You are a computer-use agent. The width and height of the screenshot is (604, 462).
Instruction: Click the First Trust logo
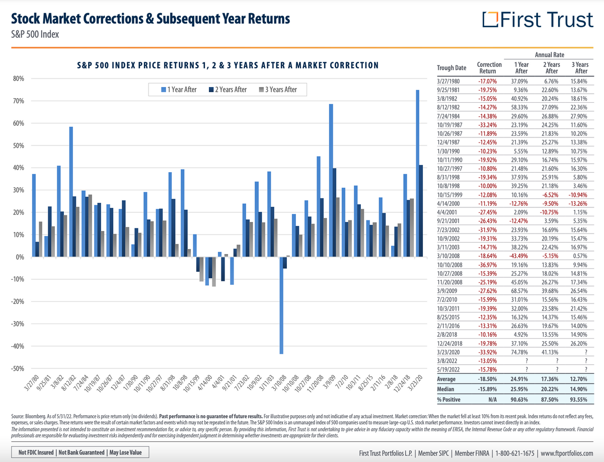pyautogui.click(x=538, y=20)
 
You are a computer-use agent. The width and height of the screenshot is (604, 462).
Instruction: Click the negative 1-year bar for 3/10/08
pyautogui.click(x=281, y=305)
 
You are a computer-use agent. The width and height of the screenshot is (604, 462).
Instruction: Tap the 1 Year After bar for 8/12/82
pyautogui.click(x=71, y=192)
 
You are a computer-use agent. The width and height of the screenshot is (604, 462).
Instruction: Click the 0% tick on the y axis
pyautogui.click(x=20, y=257)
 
